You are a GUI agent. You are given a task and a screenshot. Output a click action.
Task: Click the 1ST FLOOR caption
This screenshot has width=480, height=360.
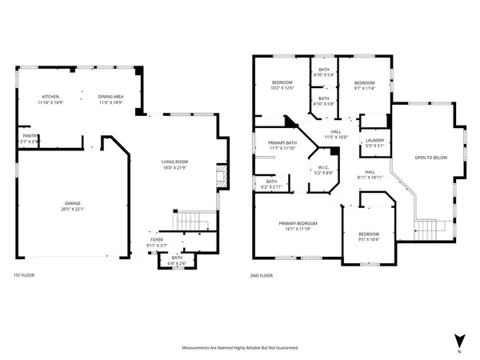point(24,275)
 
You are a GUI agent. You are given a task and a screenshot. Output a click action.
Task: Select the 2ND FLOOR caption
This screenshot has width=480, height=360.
point(262,275)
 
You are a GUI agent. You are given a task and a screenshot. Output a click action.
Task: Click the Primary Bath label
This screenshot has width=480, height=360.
point(282,145)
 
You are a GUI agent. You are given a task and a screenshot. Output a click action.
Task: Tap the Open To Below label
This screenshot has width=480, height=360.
point(430,158)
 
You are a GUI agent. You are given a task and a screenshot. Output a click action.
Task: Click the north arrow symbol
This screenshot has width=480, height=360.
point(458,339)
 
